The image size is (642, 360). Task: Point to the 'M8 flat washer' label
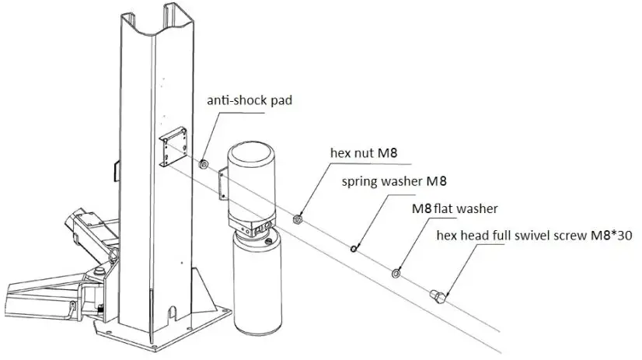pyautogui.click(x=456, y=208)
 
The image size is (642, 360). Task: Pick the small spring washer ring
pyautogui.click(x=354, y=249)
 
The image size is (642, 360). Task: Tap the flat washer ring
pyautogui.click(x=396, y=272)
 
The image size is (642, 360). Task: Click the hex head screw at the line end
pyautogui.click(x=438, y=294)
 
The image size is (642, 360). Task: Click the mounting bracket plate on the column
pyautogui.click(x=174, y=149)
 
